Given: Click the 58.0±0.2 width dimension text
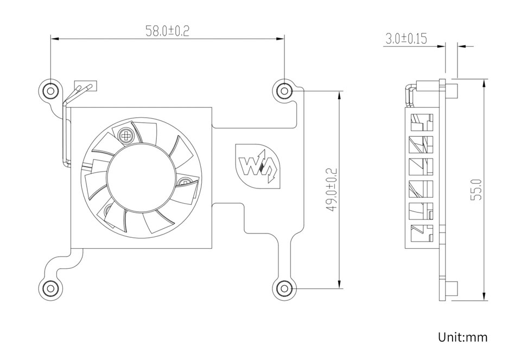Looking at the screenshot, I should [x=167, y=31].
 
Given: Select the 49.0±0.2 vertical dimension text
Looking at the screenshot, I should [x=332, y=190].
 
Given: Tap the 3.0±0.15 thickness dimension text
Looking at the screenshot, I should [x=406, y=39].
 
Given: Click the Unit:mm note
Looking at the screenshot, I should [x=462, y=337].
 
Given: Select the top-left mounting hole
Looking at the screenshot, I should [x=50, y=90].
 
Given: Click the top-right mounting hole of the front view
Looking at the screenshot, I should [x=283, y=90].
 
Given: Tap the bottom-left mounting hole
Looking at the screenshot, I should [x=50, y=288].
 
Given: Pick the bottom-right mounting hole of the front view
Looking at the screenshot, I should [x=283, y=288].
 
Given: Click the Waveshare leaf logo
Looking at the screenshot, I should [x=259, y=166].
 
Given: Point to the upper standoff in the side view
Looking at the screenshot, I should [x=451, y=91].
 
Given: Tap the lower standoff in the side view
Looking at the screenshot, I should [x=451, y=289].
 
